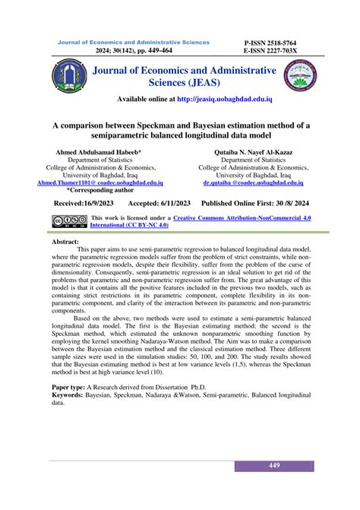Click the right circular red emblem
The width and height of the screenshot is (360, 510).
296,78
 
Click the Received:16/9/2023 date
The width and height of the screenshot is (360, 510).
84,204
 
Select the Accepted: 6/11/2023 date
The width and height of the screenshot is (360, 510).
159,204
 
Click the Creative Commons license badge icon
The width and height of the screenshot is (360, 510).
68,221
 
